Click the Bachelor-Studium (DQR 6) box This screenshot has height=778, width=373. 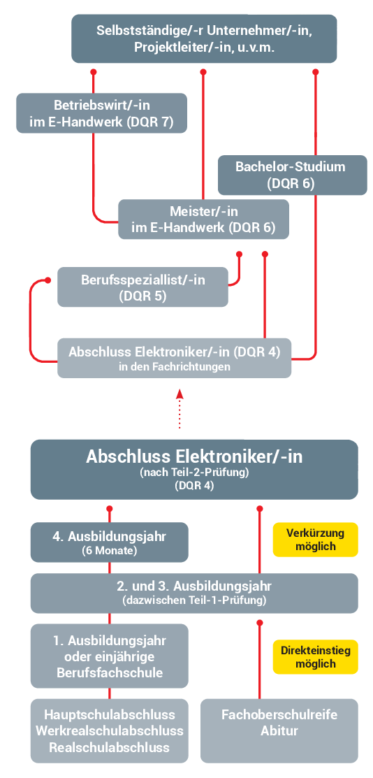[x=293, y=175]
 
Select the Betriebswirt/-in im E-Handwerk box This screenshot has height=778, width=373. [x=102, y=113]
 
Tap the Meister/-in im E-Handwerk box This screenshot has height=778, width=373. [x=203, y=219]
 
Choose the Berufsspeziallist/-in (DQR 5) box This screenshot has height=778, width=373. [x=143, y=287]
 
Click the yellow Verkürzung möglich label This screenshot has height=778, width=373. [x=316, y=540]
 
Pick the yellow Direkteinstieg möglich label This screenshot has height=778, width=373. [x=316, y=656]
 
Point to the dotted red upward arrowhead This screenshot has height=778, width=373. [x=180, y=394]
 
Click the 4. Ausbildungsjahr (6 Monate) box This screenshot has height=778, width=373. [x=110, y=542]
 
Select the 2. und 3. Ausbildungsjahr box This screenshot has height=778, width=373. [x=194, y=593]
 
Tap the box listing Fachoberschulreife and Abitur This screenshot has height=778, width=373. [x=279, y=730]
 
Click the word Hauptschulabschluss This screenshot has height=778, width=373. [x=110, y=714]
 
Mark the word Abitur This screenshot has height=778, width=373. [x=279, y=731]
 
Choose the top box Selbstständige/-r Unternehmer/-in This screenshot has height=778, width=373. [x=205, y=38]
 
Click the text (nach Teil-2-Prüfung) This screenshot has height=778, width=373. [x=194, y=473]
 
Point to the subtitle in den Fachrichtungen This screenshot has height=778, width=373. [x=175, y=367]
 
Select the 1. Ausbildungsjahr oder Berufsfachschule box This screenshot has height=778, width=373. [x=110, y=656]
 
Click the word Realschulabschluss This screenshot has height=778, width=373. [x=110, y=747]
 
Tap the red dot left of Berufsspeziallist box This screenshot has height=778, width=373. [x=48, y=280]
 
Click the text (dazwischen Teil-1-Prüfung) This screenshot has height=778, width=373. [x=194, y=600]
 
